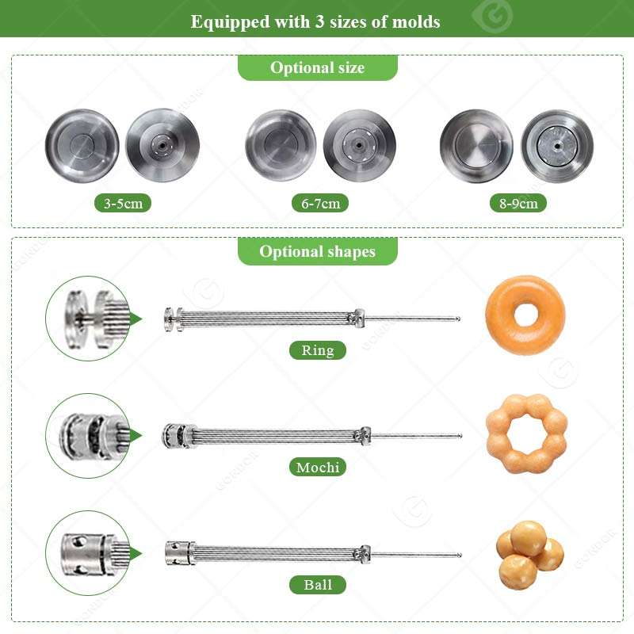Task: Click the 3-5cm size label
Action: point(123,203)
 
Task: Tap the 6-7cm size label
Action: point(320,203)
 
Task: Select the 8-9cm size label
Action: point(518,203)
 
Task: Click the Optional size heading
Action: point(318,67)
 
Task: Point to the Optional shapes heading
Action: point(318,251)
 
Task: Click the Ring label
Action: point(318,350)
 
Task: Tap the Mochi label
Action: point(318,467)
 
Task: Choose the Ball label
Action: point(318,585)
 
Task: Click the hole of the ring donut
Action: point(525,314)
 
